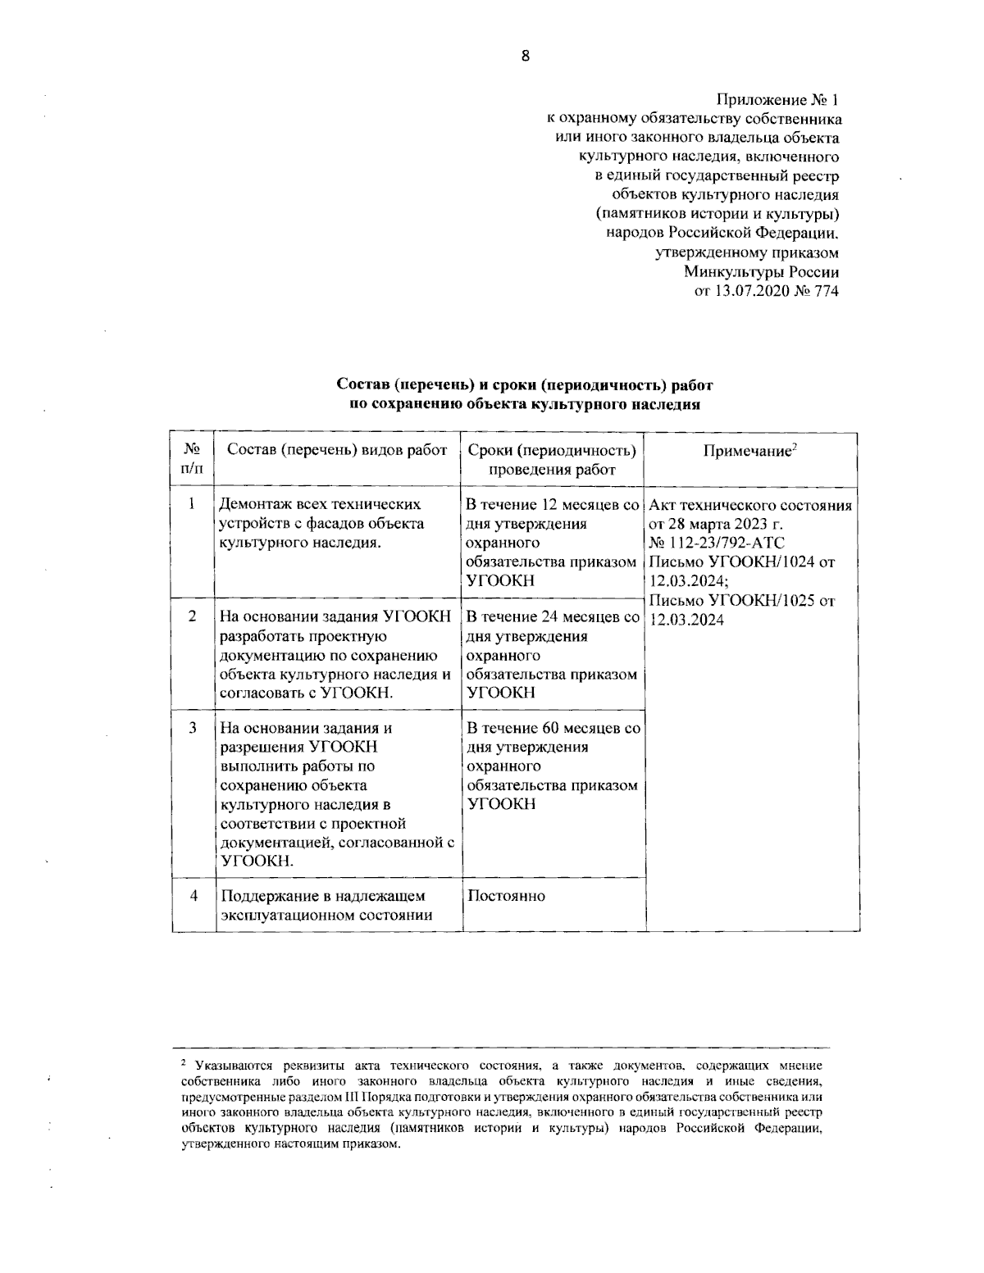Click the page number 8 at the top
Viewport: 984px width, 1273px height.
tap(526, 57)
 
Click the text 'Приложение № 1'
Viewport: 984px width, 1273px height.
tap(778, 101)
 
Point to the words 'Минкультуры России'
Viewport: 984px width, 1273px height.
tap(762, 271)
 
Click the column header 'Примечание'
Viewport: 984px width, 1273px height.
tap(751, 452)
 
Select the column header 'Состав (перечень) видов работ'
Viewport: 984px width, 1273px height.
tap(336, 450)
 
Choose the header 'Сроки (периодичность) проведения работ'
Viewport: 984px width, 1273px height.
tap(552, 460)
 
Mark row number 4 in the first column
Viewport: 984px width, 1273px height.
tap(192, 895)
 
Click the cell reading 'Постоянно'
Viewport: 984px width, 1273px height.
tap(506, 896)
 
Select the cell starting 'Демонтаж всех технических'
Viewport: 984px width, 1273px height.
tap(321, 523)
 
